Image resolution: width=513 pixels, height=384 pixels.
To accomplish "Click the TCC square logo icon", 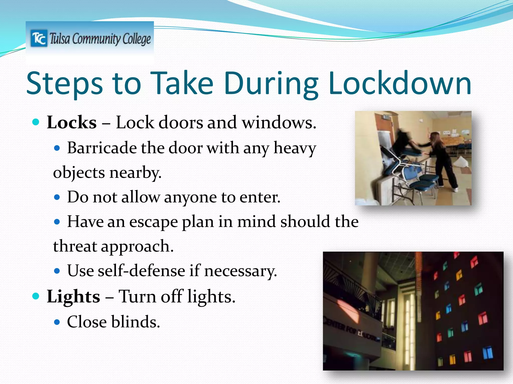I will click(39, 38).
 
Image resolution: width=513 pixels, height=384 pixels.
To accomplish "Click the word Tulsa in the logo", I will click(60, 39).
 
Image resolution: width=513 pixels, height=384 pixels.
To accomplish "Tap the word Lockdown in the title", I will click(400, 83).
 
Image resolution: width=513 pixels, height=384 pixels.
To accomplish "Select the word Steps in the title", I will click(65, 84).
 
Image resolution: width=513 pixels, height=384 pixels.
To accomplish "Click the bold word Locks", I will click(72, 122).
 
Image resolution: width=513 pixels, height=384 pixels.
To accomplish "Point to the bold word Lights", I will click(73, 296).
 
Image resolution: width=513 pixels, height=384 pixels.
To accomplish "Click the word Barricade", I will click(102, 148).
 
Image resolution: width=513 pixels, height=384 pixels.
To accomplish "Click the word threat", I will click(75, 246).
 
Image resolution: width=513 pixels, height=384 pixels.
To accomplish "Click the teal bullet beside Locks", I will click(36, 122).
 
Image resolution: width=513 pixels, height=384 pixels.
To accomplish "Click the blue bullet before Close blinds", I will click(57, 322).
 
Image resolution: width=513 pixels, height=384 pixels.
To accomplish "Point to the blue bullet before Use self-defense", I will click(57, 271).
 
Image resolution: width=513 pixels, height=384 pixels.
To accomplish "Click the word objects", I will click(79, 172).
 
